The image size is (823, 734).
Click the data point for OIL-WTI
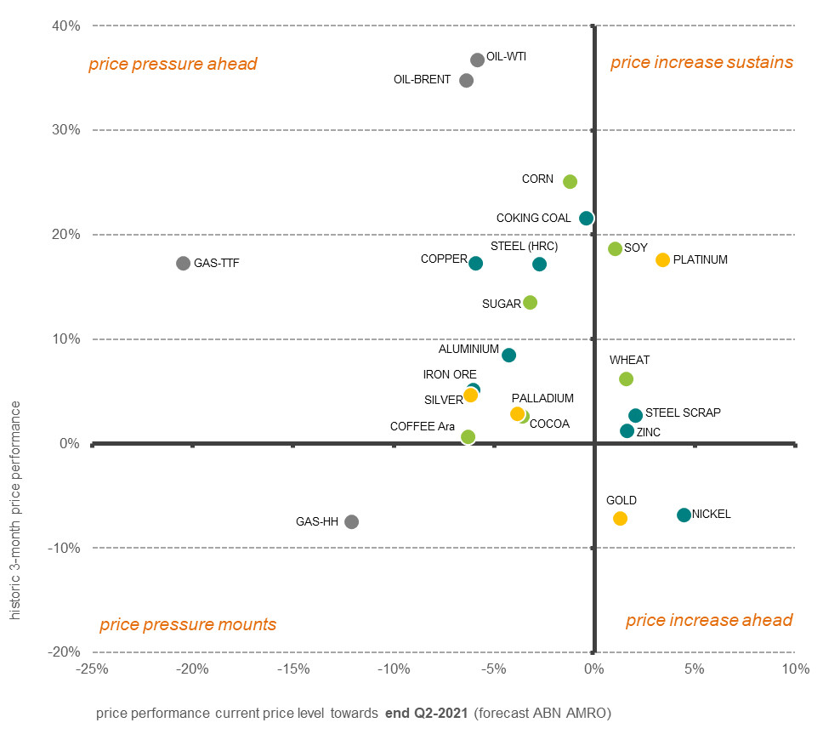click(477, 60)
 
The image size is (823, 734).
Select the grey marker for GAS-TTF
click(183, 264)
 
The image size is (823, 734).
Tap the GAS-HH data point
click(351, 521)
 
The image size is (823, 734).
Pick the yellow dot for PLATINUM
click(662, 259)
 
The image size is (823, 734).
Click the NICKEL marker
click(684, 515)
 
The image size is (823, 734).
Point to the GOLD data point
click(620, 518)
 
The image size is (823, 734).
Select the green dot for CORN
click(570, 181)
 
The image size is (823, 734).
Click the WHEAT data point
click(626, 378)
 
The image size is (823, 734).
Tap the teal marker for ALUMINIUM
click(508, 355)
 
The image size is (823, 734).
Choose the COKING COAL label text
click(534, 219)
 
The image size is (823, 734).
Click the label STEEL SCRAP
click(683, 413)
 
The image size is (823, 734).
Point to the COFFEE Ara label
click(423, 426)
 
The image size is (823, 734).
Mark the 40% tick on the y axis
click(68, 26)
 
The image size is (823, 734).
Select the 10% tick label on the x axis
click(794, 669)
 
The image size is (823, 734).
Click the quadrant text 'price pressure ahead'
click(173, 64)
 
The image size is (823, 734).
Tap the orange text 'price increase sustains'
click(701, 62)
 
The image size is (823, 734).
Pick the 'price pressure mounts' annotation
click(188, 624)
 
